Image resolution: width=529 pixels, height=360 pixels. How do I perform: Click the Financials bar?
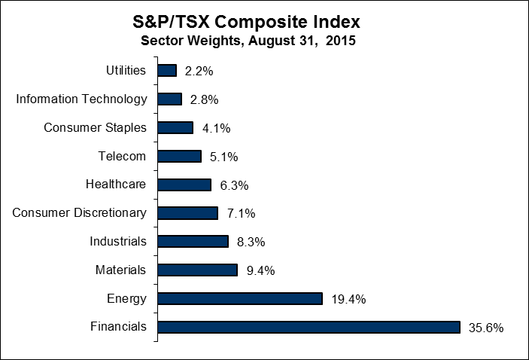tap(309, 327)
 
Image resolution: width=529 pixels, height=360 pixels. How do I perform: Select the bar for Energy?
tap(240, 298)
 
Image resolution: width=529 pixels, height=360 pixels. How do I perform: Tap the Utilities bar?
tap(167, 70)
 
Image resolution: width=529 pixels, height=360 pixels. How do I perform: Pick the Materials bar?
tap(197, 270)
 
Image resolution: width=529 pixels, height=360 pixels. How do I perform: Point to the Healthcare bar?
tap(184, 185)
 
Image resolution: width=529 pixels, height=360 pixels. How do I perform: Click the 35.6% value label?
tap(485, 328)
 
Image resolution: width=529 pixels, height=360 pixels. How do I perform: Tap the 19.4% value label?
tap(348, 299)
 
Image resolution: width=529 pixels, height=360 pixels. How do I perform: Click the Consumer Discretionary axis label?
tap(79, 212)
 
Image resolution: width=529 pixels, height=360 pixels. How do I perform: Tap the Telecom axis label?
tap(122, 156)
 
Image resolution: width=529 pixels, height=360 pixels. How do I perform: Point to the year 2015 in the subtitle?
tap(340, 41)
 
